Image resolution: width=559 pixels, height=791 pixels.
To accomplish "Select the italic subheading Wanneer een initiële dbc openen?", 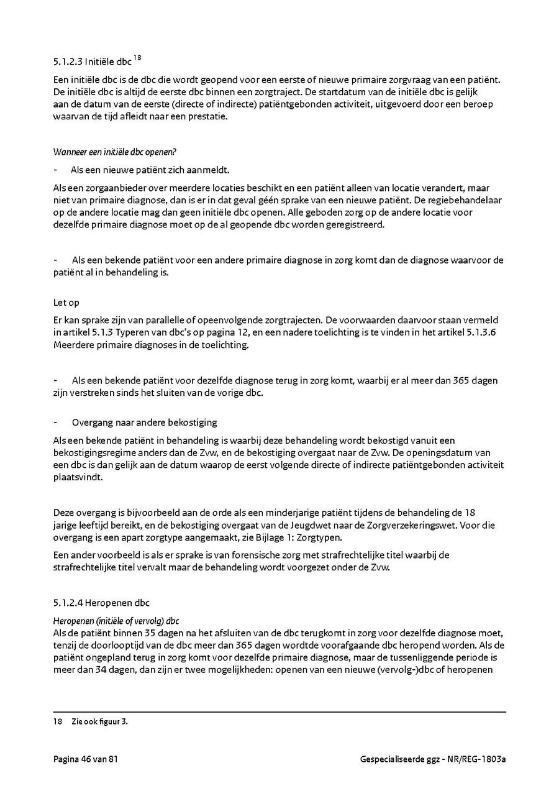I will coord(116,152).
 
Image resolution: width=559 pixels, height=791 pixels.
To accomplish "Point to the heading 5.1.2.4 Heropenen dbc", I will coord(101,602).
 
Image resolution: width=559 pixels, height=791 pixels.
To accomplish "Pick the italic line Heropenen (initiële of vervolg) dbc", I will coord(116,621).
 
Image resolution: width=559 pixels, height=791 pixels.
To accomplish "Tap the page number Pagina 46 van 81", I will coord(85,759).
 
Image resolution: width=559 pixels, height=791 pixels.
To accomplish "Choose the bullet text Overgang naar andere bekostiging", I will coord(144,423).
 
